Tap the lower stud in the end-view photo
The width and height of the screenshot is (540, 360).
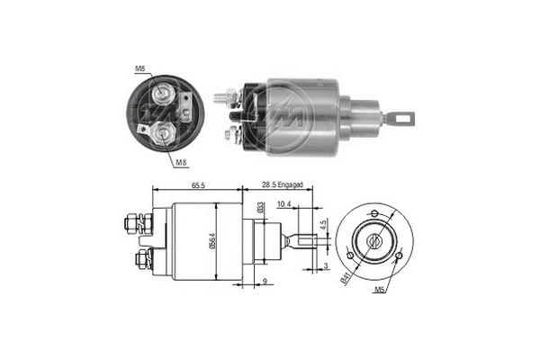point(162,133)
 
